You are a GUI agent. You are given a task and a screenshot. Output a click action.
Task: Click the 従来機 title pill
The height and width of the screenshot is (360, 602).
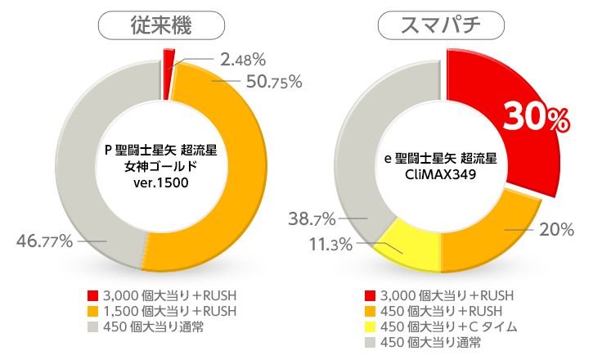(x=161, y=26)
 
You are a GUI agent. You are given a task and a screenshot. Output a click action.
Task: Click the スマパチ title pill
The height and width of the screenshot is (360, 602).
(x=441, y=26)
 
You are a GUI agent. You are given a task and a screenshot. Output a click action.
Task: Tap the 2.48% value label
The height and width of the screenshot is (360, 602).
(x=243, y=59)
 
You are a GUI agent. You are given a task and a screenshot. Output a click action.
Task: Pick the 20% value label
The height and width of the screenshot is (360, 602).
(x=556, y=230)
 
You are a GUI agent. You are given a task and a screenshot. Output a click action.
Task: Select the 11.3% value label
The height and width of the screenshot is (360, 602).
(x=330, y=244)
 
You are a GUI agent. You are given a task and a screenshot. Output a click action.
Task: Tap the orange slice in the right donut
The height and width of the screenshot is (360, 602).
(x=483, y=237)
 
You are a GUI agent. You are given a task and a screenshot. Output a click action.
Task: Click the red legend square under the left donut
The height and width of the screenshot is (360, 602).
(x=92, y=295)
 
